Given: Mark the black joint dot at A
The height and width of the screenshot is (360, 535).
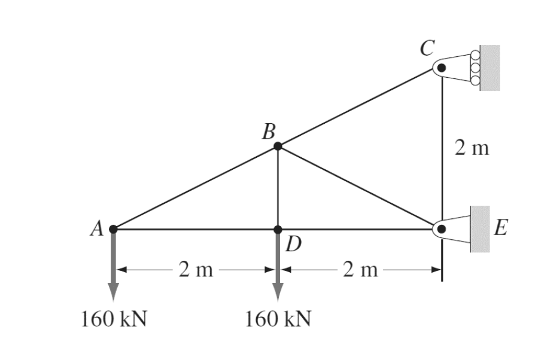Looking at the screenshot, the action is point(113,228).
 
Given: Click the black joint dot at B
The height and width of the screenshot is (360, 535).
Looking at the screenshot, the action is point(278,146).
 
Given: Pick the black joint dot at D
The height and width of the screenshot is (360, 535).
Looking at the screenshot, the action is point(278,229).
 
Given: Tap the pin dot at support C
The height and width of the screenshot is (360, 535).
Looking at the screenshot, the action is point(442,68).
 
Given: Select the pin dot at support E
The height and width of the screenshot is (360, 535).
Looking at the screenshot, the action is point(442,229).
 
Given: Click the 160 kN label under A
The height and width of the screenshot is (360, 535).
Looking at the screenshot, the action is point(114,318).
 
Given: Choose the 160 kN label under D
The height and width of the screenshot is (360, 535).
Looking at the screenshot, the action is point(278,318).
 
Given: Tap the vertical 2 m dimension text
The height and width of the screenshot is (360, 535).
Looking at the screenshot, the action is point(472,148).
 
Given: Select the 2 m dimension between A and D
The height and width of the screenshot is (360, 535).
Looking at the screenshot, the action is point(196,270).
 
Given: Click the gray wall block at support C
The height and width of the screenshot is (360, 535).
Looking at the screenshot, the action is point(490,68).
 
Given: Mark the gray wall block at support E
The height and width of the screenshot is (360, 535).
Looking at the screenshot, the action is point(480,228).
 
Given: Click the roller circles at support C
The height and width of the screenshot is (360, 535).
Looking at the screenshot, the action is point(476,68).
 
